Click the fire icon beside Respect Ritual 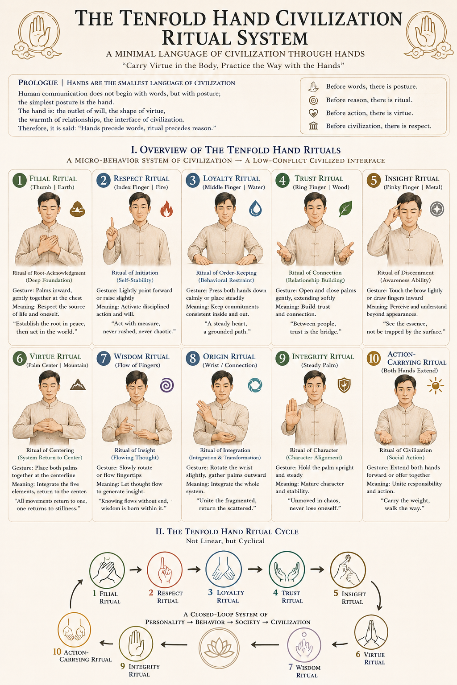click(166, 209)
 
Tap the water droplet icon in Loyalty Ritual click(255, 209)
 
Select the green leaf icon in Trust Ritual click(345, 209)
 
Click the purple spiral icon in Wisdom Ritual click(167, 385)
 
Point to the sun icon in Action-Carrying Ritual click(436, 386)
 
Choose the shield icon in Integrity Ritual click(344, 385)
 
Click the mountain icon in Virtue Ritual click(78, 385)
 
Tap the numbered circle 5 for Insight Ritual click(374, 180)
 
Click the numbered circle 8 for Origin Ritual click(193, 358)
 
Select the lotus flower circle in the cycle click(219, 648)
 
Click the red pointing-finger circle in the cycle click(165, 569)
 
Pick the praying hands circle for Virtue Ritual click(371, 632)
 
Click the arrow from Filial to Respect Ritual click(136, 569)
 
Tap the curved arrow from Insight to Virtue click(378, 595)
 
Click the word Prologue click(38, 83)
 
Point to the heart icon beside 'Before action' click(313, 113)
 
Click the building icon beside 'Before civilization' click(313, 126)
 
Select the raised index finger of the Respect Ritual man click(112, 223)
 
